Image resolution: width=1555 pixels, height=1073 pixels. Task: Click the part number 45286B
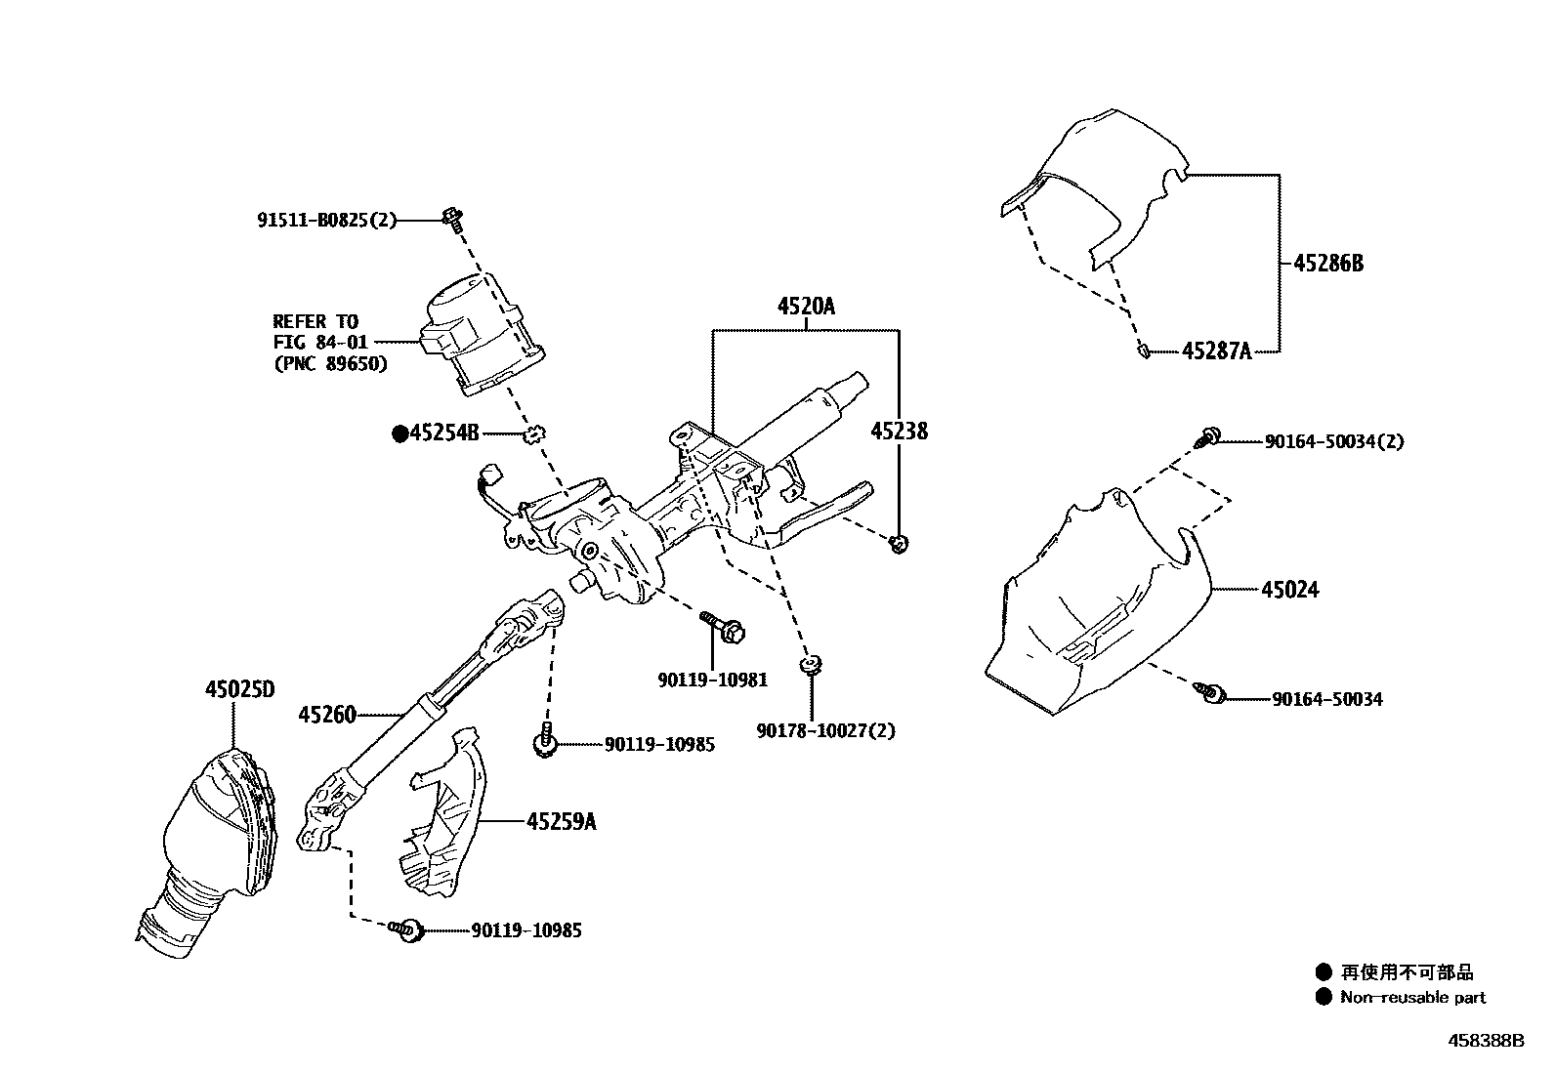point(1328,263)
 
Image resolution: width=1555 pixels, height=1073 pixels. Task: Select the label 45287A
point(1216,351)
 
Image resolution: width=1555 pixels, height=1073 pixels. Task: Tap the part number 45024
point(1289,590)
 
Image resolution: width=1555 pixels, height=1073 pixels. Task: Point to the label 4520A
point(806,307)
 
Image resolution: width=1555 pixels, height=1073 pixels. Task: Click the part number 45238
point(900,431)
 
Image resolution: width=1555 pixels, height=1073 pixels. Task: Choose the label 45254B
point(444,433)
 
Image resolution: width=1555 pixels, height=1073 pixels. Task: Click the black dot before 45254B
point(399,433)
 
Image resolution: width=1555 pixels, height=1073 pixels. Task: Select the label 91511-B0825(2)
point(327,221)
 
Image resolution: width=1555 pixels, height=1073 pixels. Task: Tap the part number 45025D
point(239,690)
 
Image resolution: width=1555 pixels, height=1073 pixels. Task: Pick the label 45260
point(327,716)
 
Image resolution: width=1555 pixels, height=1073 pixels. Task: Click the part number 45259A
point(561,822)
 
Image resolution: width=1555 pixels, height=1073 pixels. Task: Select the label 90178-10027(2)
point(826,730)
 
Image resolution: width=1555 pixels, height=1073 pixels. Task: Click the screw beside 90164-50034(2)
point(1209,436)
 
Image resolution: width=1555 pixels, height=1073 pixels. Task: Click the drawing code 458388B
point(1485,1041)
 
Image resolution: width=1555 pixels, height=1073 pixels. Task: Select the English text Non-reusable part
point(1412,997)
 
